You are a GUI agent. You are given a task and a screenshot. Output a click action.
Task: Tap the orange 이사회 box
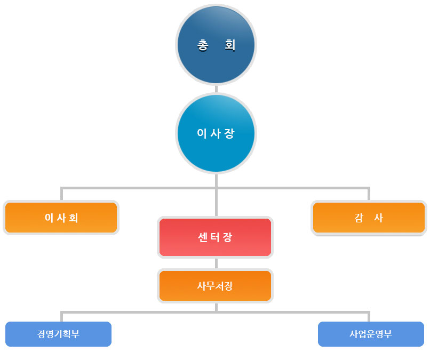[x=61, y=218]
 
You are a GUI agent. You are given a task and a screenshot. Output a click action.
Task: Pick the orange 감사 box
[x=369, y=218]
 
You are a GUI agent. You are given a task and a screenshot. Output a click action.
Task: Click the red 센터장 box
[x=216, y=237]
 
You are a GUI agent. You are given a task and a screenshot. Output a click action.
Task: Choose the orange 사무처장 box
[x=216, y=286]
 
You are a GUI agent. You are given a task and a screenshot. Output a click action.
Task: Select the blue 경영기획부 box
[x=58, y=334]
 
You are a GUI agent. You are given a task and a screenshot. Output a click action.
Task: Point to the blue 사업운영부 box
[x=371, y=334]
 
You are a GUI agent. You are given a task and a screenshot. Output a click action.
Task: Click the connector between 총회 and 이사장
[x=216, y=89]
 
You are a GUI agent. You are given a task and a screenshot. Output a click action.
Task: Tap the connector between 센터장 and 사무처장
[x=216, y=263]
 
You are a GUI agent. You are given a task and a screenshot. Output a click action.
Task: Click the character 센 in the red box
[x=202, y=237]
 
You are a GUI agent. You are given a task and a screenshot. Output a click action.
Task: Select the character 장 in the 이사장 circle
[x=229, y=133]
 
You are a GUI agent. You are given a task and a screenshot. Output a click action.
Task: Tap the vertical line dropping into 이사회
[x=62, y=194]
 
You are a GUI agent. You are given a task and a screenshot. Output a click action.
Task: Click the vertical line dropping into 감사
[x=369, y=194]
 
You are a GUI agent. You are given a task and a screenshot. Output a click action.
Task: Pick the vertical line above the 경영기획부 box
[x=62, y=317]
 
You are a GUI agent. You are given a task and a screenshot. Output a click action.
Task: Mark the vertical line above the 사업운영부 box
[x=369, y=317]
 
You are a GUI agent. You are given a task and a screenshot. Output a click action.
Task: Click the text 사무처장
[x=215, y=286]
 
